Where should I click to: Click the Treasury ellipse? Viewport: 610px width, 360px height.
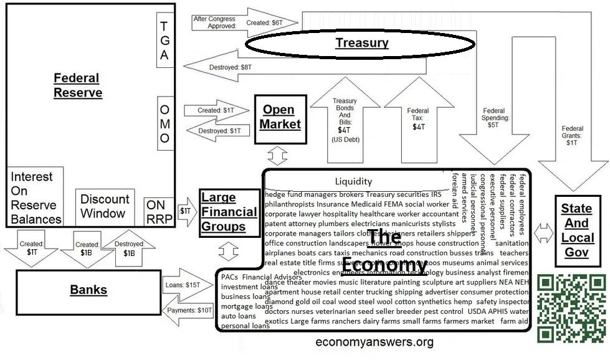pyautogui.click(x=361, y=43)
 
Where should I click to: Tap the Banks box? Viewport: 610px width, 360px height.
pyautogui.click(x=88, y=290)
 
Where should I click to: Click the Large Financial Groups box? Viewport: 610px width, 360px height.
pyautogui.click(x=229, y=212)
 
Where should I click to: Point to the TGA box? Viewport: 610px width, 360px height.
pyautogui.click(x=164, y=40)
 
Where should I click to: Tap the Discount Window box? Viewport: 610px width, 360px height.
pyautogui.click(x=105, y=206)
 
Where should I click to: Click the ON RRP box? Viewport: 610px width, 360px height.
pyautogui.click(x=159, y=212)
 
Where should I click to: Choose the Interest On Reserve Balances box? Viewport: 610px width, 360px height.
pyautogui.click(x=36, y=197)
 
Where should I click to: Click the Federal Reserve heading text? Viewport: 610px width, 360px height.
pyautogui.click(x=77, y=85)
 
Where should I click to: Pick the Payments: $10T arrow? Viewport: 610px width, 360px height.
pyautogui.click(x=187, y=310)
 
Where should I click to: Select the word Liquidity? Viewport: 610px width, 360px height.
pyautogui.click(x=353, y=182)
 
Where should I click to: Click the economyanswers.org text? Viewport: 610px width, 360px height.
pyautogui.click(x=374, y=342)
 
